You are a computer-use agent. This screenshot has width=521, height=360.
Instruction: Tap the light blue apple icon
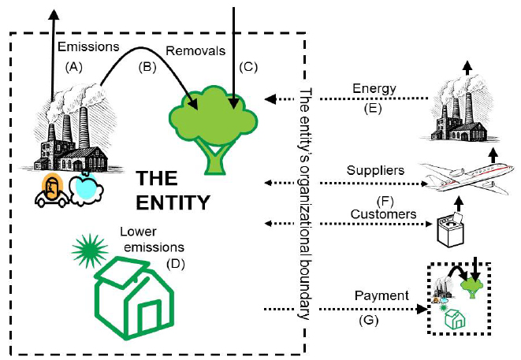pos(84,190)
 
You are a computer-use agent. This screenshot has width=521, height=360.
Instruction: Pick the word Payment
pos(381,295)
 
